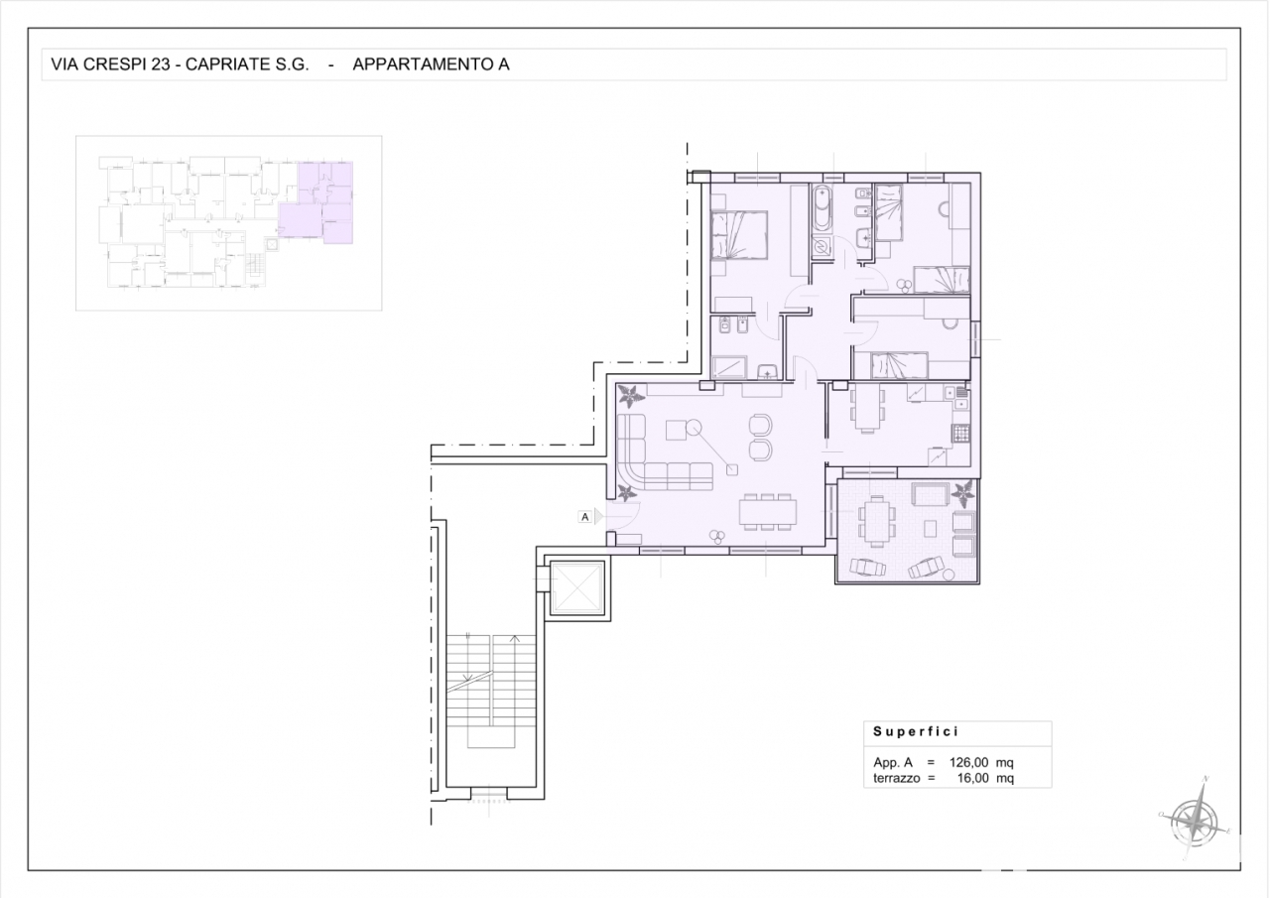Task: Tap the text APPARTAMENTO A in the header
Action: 431,64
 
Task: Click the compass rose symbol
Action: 1196,820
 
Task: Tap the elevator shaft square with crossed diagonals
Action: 576,589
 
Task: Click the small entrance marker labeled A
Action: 585,516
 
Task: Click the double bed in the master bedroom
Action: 740,234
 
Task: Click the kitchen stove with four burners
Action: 959,433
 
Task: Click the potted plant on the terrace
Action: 961,493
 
